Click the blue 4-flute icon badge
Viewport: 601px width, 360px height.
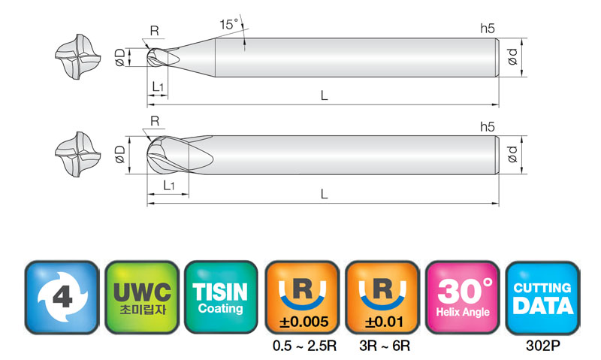62,297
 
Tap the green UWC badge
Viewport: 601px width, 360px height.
142,297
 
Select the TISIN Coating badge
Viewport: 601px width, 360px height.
221,297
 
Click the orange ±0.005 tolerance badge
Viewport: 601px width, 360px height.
303,297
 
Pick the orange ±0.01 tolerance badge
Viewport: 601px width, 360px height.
382,297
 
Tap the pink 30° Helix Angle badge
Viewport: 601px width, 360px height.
463,297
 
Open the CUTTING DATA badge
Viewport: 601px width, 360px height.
542,297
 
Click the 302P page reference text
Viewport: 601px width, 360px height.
542,346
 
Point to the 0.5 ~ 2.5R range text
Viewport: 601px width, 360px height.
305,346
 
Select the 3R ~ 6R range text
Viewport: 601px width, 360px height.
385,346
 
